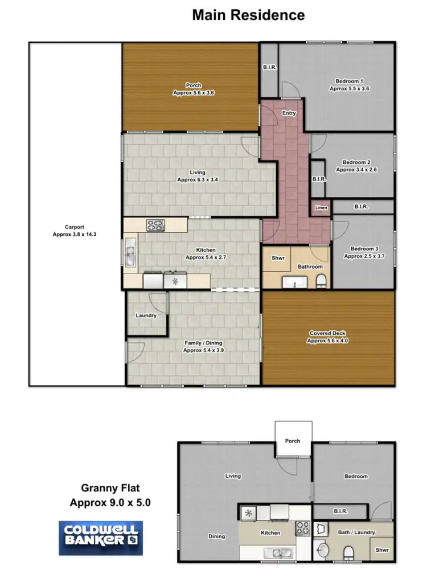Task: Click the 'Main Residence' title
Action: [248, 15]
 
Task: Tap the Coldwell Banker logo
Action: [100, 538]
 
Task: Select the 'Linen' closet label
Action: [321, 208]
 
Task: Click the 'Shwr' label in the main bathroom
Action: [278, 258]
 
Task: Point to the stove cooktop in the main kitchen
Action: [155, 225]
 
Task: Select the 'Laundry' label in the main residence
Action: [146, 315]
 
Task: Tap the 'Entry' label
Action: [289, 113]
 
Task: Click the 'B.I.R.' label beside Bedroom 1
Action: [269, 67]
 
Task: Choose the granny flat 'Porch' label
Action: [293, 441]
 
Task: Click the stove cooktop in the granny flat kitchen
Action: [302, 528]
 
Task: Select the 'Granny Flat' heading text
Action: [110, 488]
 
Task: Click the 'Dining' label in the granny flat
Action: [216, 536]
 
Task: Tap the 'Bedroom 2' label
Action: [357, 166]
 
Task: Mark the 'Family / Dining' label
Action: [203, 347]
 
